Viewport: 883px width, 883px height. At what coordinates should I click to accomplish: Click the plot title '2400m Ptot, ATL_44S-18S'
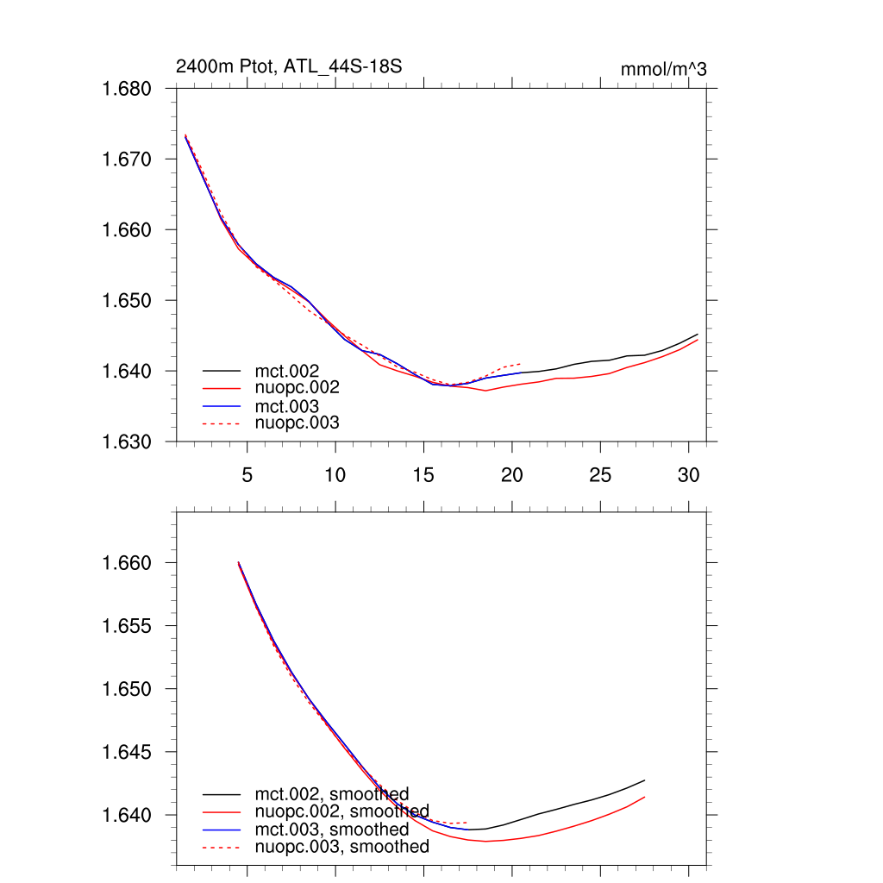[x=289, y=66]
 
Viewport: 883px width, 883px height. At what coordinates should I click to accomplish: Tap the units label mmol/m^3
[x=663, y=69]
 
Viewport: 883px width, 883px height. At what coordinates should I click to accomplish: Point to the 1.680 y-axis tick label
[x=128, y=89]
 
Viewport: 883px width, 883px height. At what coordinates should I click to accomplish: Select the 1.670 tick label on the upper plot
[x=128, y=160]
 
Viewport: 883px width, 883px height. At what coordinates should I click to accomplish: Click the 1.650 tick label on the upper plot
[x=128, y=301]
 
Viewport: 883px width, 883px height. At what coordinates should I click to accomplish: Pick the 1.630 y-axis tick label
[x=128, y=441]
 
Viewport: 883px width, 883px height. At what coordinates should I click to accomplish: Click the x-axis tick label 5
[x=247, y=475]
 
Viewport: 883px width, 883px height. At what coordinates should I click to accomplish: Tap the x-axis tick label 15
[x=423, y=475]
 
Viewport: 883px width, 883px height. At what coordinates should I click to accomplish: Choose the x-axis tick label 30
[x=688, y=475]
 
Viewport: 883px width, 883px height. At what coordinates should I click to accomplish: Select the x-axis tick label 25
[x=600, y=475]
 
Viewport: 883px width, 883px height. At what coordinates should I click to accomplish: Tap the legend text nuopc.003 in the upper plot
[x=297, y=423]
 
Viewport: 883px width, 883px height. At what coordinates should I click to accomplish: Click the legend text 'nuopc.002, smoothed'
[x=341, y=811]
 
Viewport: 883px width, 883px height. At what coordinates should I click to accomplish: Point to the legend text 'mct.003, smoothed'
[x=331, y=830]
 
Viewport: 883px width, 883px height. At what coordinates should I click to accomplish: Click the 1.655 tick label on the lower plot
[x=128, y=626]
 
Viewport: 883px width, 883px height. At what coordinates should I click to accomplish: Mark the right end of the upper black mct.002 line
[x=697, y=335]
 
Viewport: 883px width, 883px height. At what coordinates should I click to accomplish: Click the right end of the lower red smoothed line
[x=644, y=797]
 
